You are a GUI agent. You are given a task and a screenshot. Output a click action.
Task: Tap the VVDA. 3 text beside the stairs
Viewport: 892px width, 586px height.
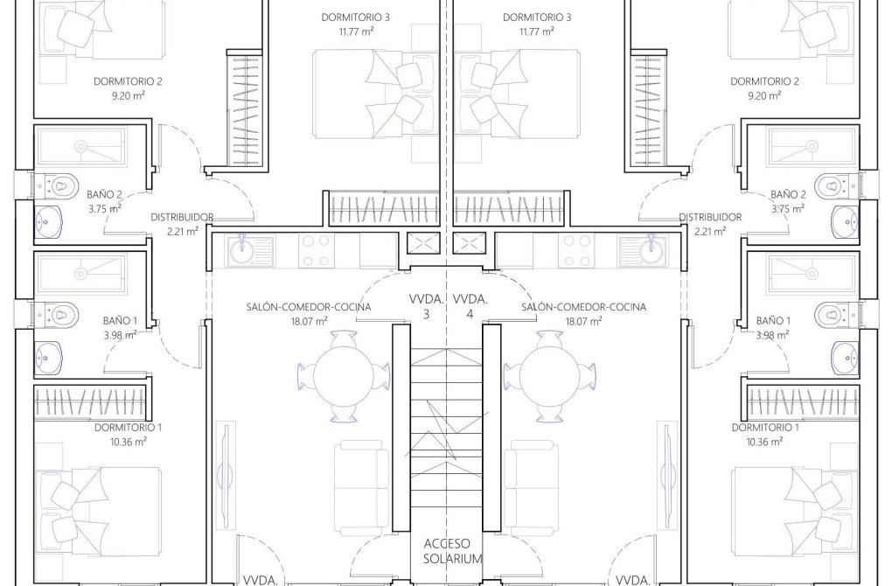tap(427, 305)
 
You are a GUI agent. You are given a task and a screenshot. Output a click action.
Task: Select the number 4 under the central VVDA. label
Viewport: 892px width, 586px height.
tap(470, 313)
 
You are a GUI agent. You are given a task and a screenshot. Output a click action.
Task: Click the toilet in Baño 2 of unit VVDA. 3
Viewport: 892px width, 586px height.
tap(57, 185)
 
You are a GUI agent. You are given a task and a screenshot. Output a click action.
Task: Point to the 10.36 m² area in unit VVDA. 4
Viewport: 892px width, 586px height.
tap(764, 443)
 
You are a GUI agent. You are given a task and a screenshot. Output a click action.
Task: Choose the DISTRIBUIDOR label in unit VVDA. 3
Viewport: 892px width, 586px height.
tap(182, 217)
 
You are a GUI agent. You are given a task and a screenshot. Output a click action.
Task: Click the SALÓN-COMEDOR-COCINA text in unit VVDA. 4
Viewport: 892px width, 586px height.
tap(583, 307)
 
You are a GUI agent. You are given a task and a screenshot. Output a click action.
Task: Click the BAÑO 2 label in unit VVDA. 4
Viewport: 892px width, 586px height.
tap(788, 194)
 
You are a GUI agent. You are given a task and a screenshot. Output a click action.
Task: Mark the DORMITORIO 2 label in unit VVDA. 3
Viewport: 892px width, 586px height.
tap(128, 81)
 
